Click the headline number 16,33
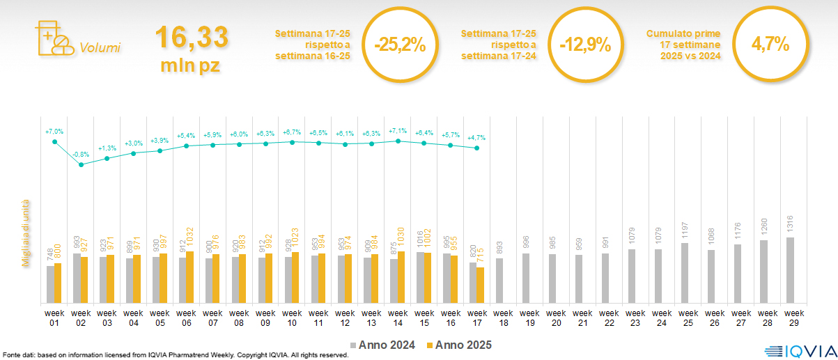click(x=191, y=37)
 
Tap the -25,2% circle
click(x=399, y=45)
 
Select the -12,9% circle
click(x=585, y=45)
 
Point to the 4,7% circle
click(x=770, y=45)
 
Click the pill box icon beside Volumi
click(x=53, y=39)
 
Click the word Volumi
click(x=100, y=48)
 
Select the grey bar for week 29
click(x=790, y=270)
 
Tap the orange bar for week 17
click(x=481, y=285)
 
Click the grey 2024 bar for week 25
click(x=685, y=273)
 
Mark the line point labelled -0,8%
click(x=81, y=164)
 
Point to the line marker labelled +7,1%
click(x=398, y=141)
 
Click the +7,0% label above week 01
click(x=54, y=131)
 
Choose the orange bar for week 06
click(x=189, y=277)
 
